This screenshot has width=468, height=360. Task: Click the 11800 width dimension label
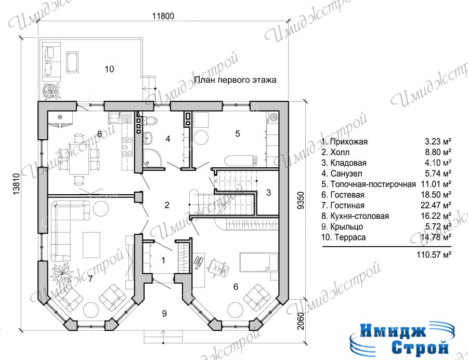coord(163,16)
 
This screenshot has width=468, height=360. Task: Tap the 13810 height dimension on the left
coord(17,184)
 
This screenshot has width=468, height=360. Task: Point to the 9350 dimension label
coord(301,200)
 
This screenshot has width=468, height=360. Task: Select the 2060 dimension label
coord(301,321)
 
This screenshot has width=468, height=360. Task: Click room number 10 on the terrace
coord(109,69)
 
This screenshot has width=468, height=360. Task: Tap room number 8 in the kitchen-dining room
coord(99,134)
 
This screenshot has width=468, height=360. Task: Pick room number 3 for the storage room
coord(268,193)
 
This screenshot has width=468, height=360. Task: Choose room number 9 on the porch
coord(164,313)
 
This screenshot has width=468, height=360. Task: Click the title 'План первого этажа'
coord(235,80)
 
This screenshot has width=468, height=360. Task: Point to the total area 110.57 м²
coord(434,255)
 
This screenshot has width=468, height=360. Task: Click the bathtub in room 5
coord(240,161)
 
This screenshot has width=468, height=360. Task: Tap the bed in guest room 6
coord(259,262)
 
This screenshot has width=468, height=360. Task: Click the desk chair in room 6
coord(217,266)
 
